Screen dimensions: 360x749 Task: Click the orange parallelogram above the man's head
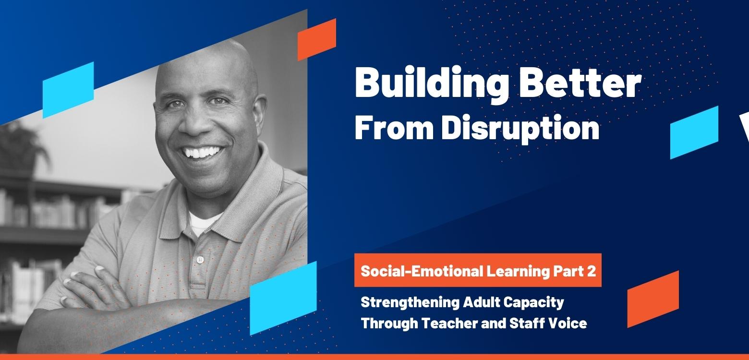[x=316, y=39]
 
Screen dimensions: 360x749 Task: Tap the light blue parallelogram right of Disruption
[x=694, y=132]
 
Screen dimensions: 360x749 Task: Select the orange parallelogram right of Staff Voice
[x=653, y=299]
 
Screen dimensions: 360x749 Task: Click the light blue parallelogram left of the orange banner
[x=283, y=298]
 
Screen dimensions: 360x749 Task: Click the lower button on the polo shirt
[x=200, y=260]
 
